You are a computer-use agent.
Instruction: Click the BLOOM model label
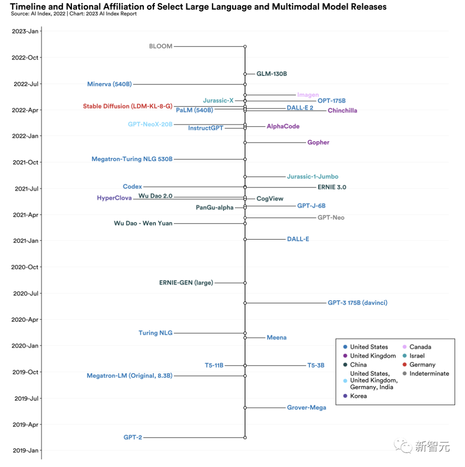click(x=161, y=46)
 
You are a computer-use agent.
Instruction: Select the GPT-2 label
click(x=133, y=437)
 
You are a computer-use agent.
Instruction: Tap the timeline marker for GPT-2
click(x=245, y=437)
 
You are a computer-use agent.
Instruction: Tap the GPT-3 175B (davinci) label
click(x=357, y=303)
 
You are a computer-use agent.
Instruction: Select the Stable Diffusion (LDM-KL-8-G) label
click(x=127, y=106)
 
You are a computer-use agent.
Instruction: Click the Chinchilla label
click(x=342, y=111)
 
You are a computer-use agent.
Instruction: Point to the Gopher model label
click(x=318, y=143)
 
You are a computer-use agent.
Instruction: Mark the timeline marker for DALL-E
click(x=245, y=239)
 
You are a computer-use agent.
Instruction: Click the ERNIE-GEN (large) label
click(x=186, y=283)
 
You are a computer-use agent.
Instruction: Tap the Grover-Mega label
click(x=307, y=408)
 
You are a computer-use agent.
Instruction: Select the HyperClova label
click(x=114, y=198)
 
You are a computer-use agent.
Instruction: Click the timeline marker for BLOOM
click(x=245, y=46)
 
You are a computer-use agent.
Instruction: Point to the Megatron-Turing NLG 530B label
click(x=132, y=159)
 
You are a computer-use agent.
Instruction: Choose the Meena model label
click(x=276, y=338)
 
